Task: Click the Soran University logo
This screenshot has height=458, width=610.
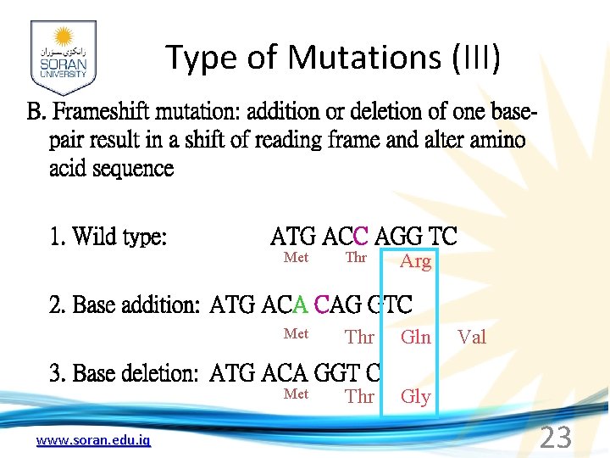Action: (64, 57)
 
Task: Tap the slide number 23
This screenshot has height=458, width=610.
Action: (556, 438)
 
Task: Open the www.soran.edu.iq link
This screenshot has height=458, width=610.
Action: (93, 440)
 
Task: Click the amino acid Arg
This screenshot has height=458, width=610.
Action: (415, 261)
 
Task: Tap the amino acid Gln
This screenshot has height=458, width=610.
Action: (415, 338)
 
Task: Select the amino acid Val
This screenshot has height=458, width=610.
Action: (472, 338)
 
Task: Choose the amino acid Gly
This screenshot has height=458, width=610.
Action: (415, 397)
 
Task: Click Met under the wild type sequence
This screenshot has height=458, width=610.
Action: (296, 258)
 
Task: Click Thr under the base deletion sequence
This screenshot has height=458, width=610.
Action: (359, 397)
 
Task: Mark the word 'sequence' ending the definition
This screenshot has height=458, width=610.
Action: (111, 168)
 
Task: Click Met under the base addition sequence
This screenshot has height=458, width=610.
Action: (296, 334)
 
